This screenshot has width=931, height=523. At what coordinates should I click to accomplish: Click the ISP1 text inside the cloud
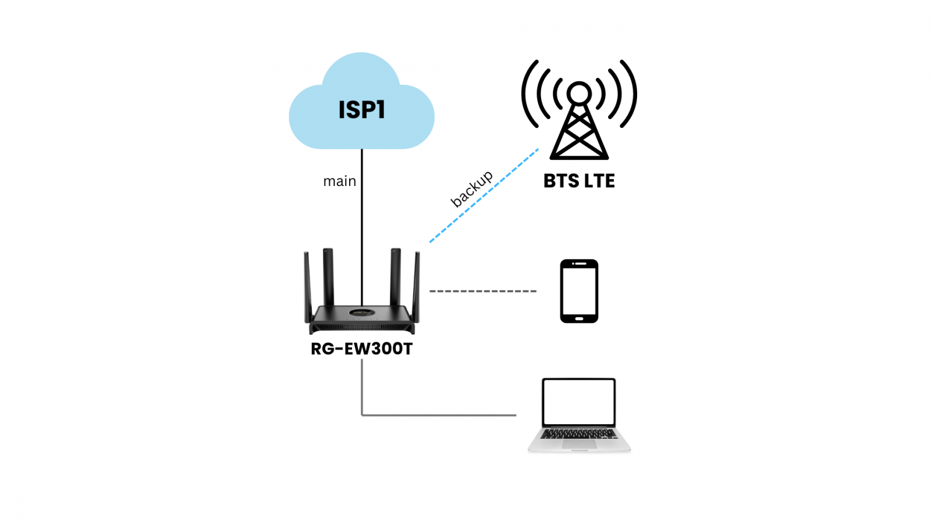point(361,110)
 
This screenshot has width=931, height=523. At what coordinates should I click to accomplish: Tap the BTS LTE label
point(579,181)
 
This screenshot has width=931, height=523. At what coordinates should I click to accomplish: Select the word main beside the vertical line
point(339,181)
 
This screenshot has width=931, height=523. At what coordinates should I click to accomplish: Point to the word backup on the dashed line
point(471,188)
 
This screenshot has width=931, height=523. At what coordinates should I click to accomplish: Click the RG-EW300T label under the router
point(361,349)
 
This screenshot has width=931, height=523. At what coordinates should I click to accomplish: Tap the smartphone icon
point(579,291)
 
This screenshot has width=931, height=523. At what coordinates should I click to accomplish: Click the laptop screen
point(579,402)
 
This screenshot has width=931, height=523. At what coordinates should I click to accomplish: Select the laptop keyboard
point(579,434)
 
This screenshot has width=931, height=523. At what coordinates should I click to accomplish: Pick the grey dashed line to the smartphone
point(483,291)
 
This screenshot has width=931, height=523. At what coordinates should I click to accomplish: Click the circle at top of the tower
point(579,93)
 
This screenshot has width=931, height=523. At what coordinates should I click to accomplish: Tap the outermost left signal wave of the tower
point(528,93)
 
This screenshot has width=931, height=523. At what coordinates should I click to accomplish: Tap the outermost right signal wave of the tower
point(631,93)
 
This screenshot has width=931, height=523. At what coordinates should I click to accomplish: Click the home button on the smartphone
point(579,318)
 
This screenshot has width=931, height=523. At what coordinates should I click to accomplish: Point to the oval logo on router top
point(361,313)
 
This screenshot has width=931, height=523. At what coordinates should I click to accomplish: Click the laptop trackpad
point(579,444)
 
